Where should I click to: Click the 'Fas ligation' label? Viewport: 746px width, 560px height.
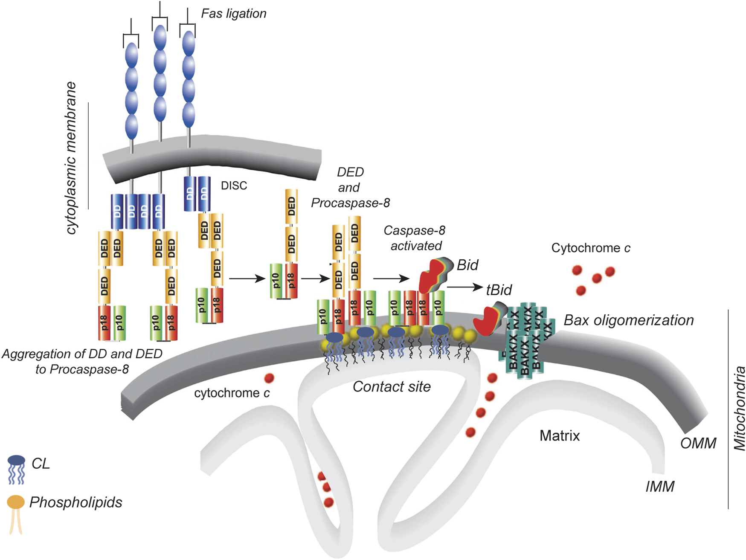pos(234,14)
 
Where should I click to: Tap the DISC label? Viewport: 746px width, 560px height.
pos(234,186)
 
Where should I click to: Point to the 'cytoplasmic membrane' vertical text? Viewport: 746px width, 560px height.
pos(71,158)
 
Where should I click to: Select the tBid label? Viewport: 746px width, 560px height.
pos(499,290)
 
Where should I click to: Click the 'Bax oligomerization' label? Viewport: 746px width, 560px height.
pos(628,320)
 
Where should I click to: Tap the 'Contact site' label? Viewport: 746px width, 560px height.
pos(392,386)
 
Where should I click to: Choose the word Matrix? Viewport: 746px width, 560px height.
pos(560,435)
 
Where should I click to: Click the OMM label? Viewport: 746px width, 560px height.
pos(698,443)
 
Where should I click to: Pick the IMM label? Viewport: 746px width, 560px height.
pos(660,486)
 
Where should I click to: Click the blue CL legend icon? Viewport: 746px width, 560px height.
pos(16,469)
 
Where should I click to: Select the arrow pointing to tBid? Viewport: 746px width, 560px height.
pos(465,287)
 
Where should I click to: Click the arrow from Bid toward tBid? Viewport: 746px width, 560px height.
pos(465,287)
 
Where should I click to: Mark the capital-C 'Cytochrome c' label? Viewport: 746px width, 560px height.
pos(591,248)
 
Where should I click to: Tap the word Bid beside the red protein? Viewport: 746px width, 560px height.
pos(467,265)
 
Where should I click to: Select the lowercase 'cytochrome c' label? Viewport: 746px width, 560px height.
pos(232,393)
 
